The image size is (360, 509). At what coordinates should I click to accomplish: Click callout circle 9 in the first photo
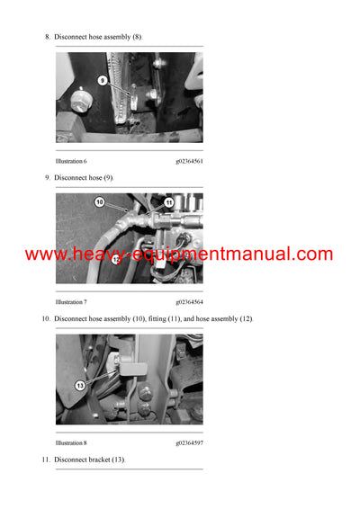[x=102, y=80]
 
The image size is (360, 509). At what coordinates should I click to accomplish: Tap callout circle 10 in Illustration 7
[x=99, y=202]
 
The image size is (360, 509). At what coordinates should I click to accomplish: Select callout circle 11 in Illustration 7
[x=168, y=203]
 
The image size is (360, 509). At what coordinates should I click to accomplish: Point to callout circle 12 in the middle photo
[x=115, y=259]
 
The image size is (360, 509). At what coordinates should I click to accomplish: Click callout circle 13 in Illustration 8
[x=79, y=385]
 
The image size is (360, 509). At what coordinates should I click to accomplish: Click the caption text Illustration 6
[x=71, y=161]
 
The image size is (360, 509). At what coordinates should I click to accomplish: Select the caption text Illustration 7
[x=71, y=302]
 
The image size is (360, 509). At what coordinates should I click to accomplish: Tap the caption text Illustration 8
[x=71, y=443]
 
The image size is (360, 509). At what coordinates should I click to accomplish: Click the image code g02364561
[x=189, y=161]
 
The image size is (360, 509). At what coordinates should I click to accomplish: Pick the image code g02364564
[x=189, y=302]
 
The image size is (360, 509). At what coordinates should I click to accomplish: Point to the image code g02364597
[x=189, y=443]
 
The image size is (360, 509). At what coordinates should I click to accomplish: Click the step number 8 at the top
[x=47, y=37]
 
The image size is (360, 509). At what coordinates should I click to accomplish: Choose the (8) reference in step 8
[x=137, y=37]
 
